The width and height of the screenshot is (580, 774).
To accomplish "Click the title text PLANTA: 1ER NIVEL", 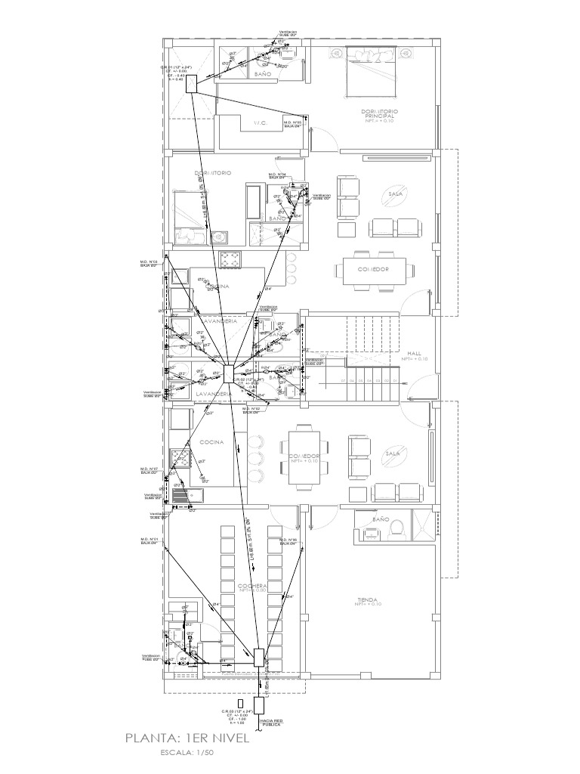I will (x=187, y=738).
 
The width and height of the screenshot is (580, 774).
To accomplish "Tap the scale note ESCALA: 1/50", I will (x=187, y=753).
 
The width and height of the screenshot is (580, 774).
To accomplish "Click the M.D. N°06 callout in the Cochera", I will (x=288, y=541).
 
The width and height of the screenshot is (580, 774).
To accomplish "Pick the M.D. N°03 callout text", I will (x=148, y=264).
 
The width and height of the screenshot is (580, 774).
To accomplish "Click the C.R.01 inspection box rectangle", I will (x=192, y=83).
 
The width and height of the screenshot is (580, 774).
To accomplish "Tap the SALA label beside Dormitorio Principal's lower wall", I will (x=394, y=194).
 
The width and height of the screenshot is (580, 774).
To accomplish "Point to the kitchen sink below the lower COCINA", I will (x=182, y=495).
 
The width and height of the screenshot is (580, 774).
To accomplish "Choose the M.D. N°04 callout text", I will (x=276, y=175).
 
